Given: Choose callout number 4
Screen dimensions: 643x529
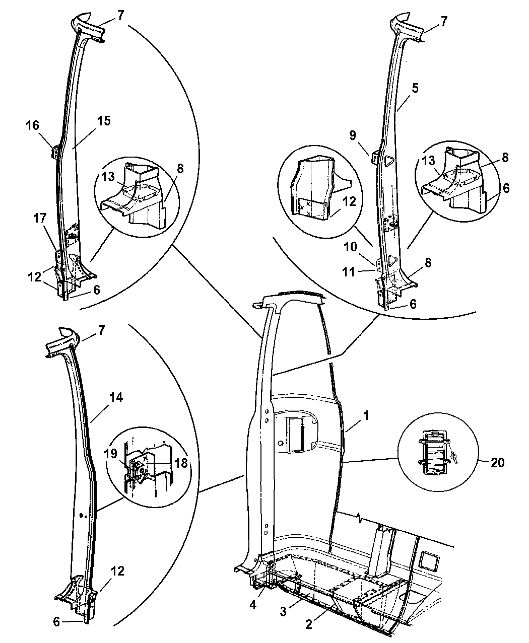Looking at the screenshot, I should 253,605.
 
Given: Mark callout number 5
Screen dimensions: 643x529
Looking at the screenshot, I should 415,88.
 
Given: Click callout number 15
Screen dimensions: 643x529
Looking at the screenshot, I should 104,121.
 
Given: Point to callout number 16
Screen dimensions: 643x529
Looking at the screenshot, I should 32,125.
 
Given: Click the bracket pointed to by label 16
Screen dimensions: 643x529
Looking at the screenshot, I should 55,152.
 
